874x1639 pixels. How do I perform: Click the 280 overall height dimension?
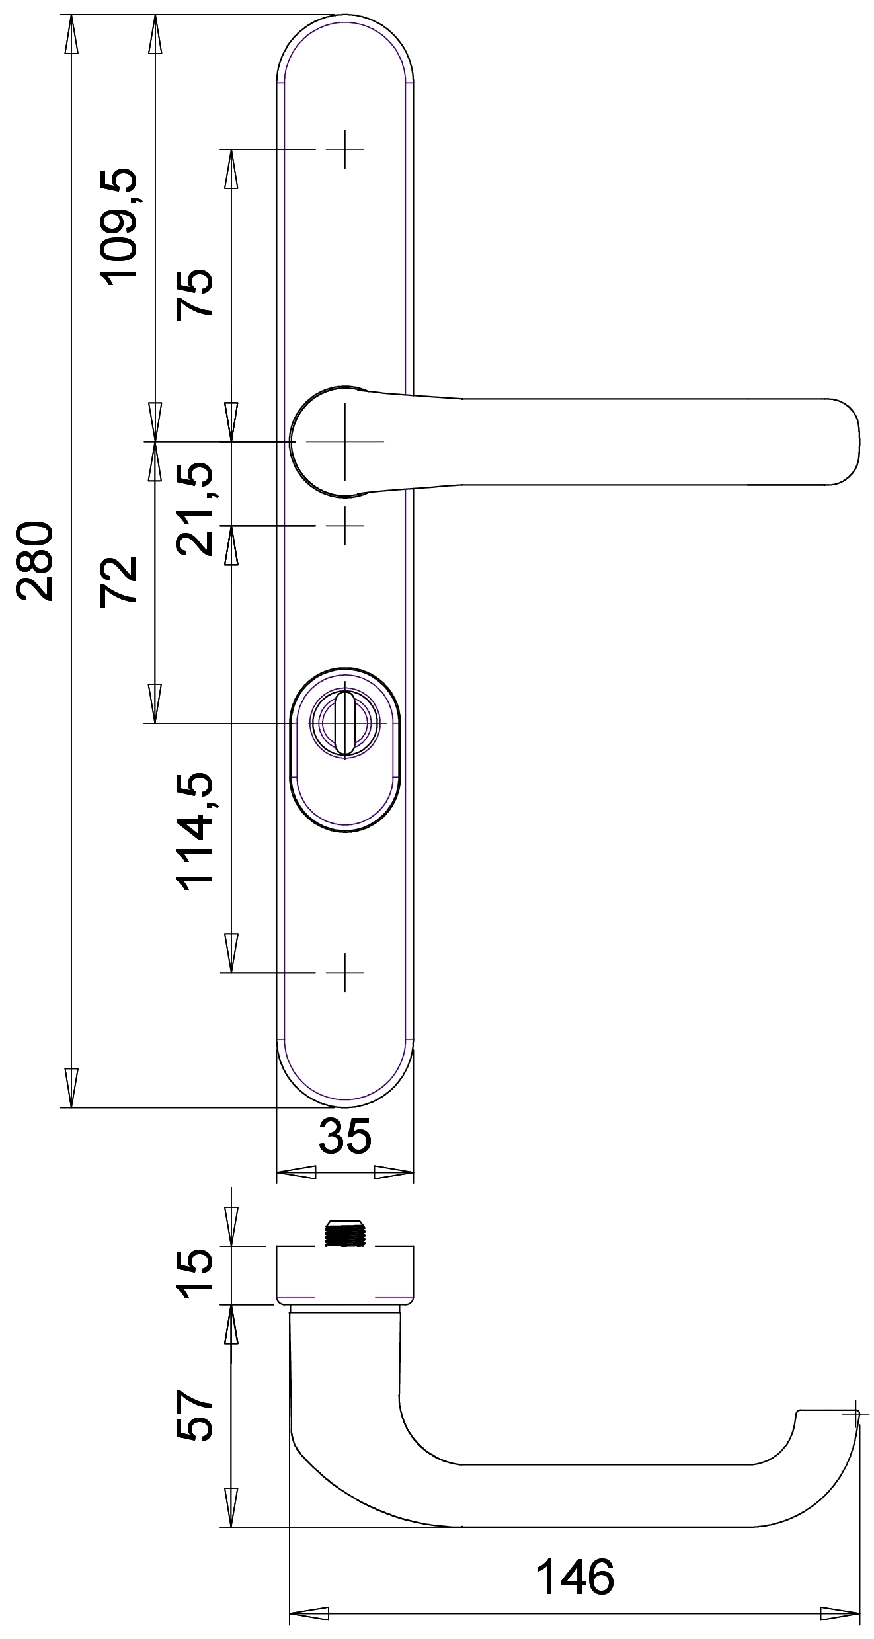pos(34,561)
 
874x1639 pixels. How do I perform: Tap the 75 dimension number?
pos(194,294)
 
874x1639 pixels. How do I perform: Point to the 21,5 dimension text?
pos(194,508)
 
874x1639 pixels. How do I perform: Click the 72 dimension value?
pos(118,580)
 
